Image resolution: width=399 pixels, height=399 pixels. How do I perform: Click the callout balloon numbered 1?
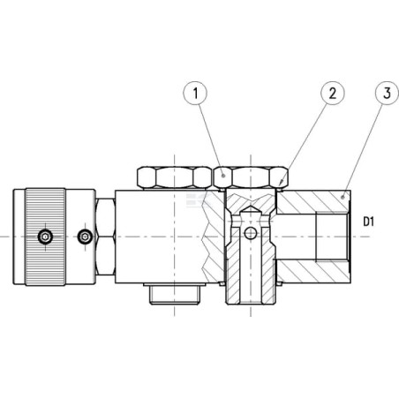pos(195,94)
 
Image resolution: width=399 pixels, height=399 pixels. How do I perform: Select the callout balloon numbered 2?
pos(332,94)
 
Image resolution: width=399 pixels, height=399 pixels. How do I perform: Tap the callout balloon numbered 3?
pos(387,94)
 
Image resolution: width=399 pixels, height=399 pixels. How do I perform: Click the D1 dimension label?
pos(369,222)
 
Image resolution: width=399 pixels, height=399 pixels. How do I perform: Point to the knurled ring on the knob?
pos(45,237)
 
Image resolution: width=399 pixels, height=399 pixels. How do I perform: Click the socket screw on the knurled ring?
pos(45,237)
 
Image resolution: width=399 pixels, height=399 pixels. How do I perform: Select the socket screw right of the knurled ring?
pos(86,237)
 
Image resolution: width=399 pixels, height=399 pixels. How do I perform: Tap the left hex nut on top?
pos(175,177)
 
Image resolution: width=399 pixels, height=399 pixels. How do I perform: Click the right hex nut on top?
pos(251,177)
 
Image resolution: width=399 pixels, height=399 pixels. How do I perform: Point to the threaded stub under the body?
pos(175,294)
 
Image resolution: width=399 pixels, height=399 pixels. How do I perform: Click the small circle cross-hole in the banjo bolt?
pos(251,233)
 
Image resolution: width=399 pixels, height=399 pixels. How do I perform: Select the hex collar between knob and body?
pos(105,237)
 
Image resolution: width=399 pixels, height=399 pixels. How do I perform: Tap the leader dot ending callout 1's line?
pos(223,176)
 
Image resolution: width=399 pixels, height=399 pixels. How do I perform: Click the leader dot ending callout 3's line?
pos(343,197)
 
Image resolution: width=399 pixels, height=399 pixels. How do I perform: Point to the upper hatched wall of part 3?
pos(313,202)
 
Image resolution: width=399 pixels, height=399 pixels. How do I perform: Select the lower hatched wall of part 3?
pos(313,272)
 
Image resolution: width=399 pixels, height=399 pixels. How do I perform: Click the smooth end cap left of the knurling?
pos(19,237)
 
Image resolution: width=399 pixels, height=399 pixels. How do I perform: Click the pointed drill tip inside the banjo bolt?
pos(251,209)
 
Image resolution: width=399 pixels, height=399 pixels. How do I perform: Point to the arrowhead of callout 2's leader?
pos(281,183)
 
